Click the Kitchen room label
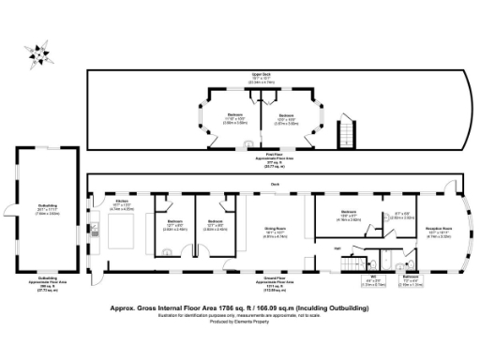click(x=121, y=202)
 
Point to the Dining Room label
click(x=274, y=229)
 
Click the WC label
click(x=371, y=278)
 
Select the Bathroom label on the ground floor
click(x=411, y=278)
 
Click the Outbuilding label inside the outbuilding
click(x=36, y=209)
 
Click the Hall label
click(x=337, y=247)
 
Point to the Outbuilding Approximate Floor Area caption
click(x=36, y=283)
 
